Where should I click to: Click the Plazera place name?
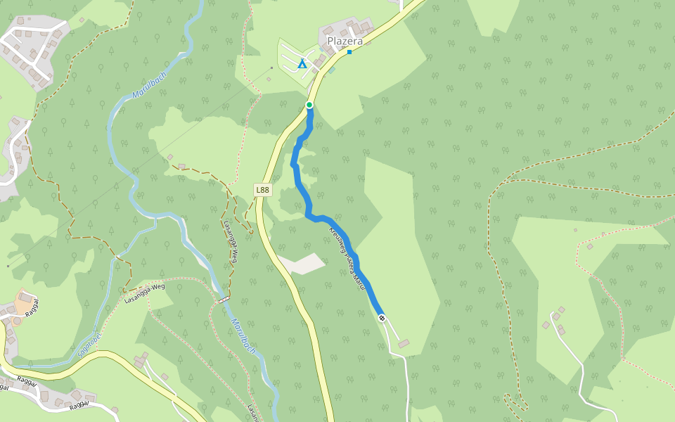point(345,41)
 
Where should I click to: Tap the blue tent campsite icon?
point(302,64)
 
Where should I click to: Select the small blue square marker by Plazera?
point(349,52)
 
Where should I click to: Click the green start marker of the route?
point(309,105)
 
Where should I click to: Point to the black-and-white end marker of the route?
point(382,319)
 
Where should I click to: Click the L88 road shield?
point(262,190)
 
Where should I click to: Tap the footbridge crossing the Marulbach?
point(224,300)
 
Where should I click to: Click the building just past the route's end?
point(403,343)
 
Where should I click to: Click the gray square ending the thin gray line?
point(271,68)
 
